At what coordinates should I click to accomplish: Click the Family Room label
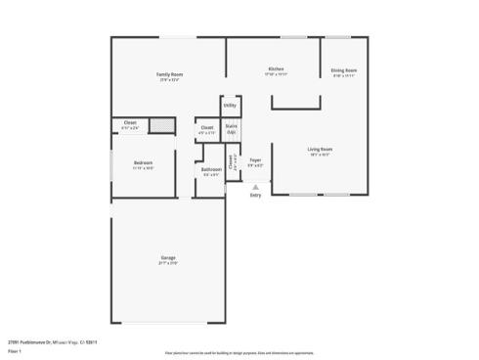pyautogui.click(x=171, y=74)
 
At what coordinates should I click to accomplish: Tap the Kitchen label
pyautogui.click(x=277, y=68)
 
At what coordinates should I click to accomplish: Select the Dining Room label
pyautogui.click(x=343, y=70)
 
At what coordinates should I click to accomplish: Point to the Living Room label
pyautogui.click(x=322, y=150)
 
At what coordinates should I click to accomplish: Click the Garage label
pyautogui.click(x=168, y=257)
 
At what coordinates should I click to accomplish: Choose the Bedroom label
pyautogui.click(x=143, y=163)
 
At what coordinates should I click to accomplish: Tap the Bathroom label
pyautogui.click(x=211, y=169)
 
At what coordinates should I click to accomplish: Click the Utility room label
pyautogui.click(x=230, y=105)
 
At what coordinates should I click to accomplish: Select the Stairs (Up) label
pyautogui.click(x=232, y=128)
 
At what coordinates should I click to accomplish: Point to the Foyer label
pyautogui.click(x=254, y=159)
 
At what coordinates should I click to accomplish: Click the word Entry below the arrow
pyautogui.click(x=255, y=196)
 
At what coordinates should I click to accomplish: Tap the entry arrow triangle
pyautogui.click(x=255, y=187)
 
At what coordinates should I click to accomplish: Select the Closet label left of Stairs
pyautogui.click(x=207, y=128)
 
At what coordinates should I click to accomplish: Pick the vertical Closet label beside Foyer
pyautogui.click(x=238, y=161)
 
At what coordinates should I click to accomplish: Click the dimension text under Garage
pyautogui.click(x=168, y=263)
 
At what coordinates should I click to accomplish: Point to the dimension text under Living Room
pyautogui.click(x=322, y=156)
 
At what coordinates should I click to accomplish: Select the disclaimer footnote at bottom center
pyautogui.click(x=239, y=351)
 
